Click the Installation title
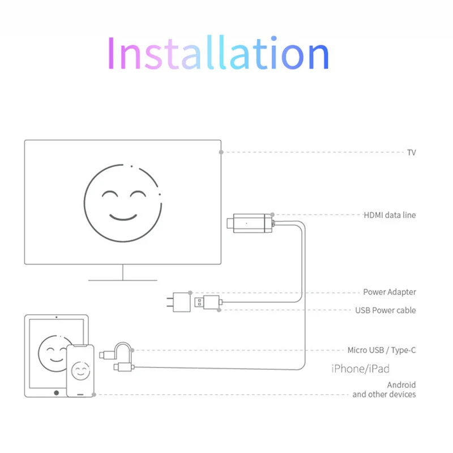pos(217,54)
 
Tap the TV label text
pos(411,152)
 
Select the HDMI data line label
pos(390,215)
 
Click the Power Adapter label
pos(390,292)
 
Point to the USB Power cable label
pos(386,310)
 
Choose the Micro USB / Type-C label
pos(382,351)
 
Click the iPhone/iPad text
pos(360,369)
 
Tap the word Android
pos(401,385)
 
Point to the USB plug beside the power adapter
pos(207,302)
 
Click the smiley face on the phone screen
pos(81,371)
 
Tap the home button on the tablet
pos(56,392)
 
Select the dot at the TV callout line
pos(221,152)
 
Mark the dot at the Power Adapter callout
pos(190,292)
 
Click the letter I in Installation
pos(110,54)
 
